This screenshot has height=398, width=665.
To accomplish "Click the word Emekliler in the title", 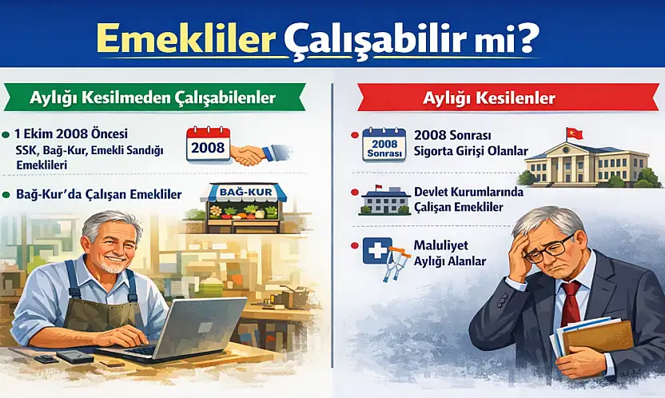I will click(185, 39).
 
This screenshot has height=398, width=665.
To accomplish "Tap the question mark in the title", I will click(524, 38).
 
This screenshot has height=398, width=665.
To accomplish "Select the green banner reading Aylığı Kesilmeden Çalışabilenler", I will click(153, 98).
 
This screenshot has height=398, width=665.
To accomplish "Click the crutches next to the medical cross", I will click(396, 264).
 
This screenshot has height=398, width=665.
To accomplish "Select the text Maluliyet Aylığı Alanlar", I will click(450, 253).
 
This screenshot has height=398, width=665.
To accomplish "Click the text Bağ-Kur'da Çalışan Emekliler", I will click(98, 194).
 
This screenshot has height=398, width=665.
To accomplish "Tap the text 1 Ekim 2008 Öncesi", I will click(71, 133).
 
